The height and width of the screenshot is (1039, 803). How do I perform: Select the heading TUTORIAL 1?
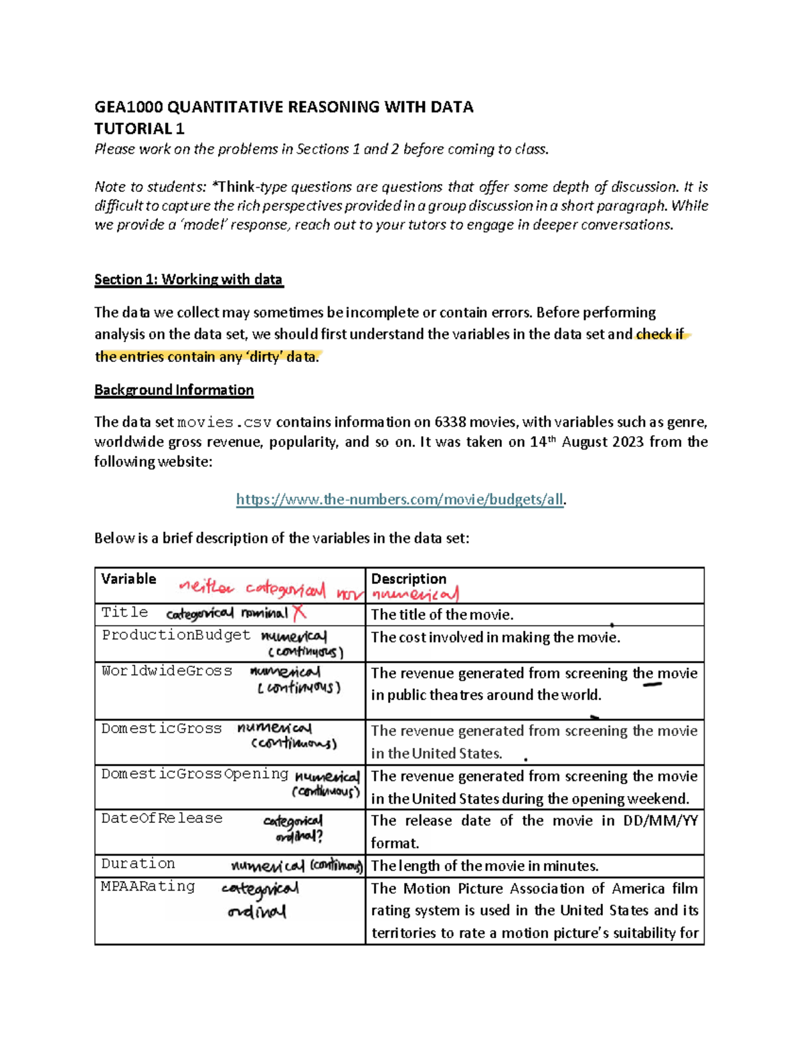pyautogui.click(x=139, y=128)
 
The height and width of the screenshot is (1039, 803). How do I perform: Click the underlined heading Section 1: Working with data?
pyautogui.click(x=189, y=280)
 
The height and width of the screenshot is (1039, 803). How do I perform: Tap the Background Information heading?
pyautogui.click(x=174, y=390)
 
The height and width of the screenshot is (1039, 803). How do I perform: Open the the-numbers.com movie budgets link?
pyautogui.click(x=400, y=499)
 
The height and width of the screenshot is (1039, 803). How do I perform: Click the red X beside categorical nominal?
pyautogui.click(x=299, y=612)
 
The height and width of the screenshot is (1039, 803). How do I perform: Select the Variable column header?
pyautogui.click(x=128, y=579)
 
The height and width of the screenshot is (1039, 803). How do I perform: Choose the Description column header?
pyautogui.click(x=408, y=579)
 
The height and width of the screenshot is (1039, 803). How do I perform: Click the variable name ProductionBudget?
pyautogui.click(x=175, y=635)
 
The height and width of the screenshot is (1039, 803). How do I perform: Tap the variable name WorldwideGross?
pyautogui.click(x=167, y=671)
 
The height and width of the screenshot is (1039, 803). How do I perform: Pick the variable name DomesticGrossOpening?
pyautogui.click(x=195, y=774)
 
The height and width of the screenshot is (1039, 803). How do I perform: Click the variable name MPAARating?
pyautogui.click(x=148, y=886)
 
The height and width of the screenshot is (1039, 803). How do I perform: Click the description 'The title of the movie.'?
pyautogui.click(x=442, y=614)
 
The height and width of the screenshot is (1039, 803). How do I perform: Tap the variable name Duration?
pyautogui.click(x=138, y=864)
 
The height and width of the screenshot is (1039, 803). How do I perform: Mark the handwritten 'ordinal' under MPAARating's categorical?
pyautogui.click(x=256, y=912)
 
